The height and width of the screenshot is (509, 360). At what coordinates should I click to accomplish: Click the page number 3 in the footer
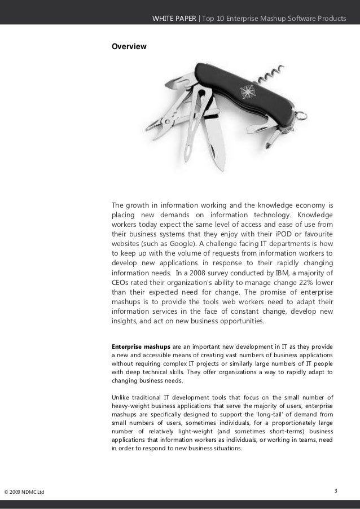[336, 490]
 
